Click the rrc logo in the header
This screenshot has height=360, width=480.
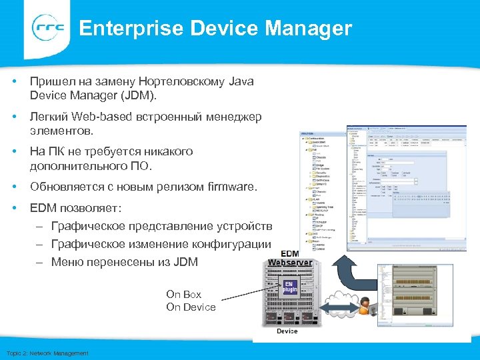(x=49, y=28)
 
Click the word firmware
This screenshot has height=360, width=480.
(x=231, y=187)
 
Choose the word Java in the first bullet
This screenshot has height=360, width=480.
(x=241, y=81)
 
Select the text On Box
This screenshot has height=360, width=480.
(x=183, y=294)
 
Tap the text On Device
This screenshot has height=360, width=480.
(x=191, y=307)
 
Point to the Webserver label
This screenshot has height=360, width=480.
(x=289, y=263)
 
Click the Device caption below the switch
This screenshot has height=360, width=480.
(x=287, y=331)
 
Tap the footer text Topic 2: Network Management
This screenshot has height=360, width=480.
(x=47, y=353)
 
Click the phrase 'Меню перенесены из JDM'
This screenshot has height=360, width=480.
(x=124, y=262)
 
